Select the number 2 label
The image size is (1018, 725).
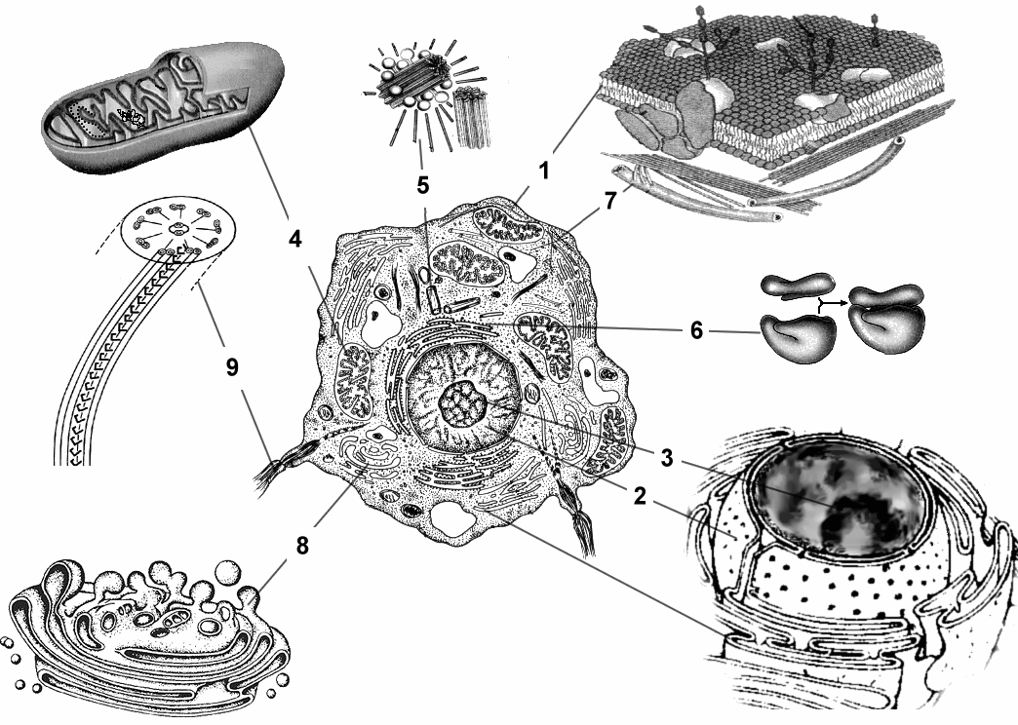coord(639,495)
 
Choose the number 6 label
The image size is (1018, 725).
coord(696,331)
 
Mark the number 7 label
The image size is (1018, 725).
coord(610,202)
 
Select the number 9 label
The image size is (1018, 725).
coord(231,366)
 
